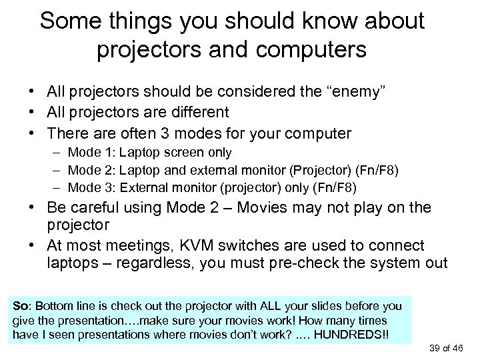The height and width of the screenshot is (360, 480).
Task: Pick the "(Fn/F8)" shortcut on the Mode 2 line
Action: coord(374,171)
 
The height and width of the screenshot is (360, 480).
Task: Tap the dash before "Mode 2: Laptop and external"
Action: coord(57,171)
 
